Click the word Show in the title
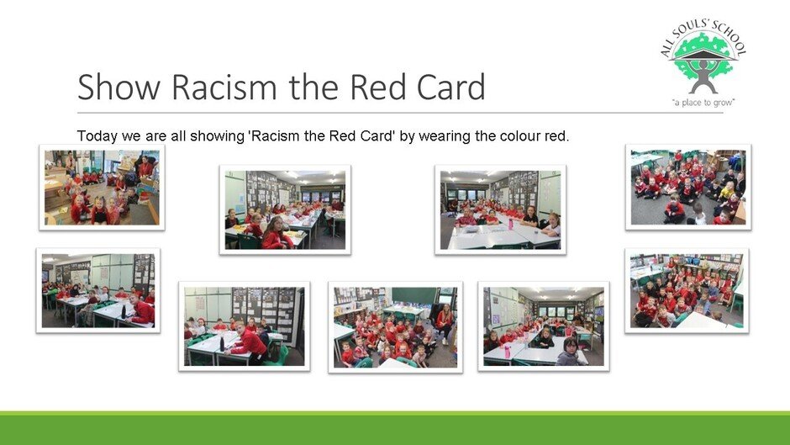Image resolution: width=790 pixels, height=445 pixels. [118, 87]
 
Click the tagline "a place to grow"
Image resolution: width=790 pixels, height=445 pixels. [703, 103]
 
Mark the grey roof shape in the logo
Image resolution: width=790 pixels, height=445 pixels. [703, 55]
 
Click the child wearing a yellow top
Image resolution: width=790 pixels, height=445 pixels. [726, 192]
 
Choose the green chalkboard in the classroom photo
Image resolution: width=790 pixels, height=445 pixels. [413, 295]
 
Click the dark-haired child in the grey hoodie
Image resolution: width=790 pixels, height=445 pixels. [570, 352]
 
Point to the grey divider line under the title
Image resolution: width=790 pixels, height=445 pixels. [400, 113]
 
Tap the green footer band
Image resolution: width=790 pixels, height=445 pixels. [395, 428]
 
